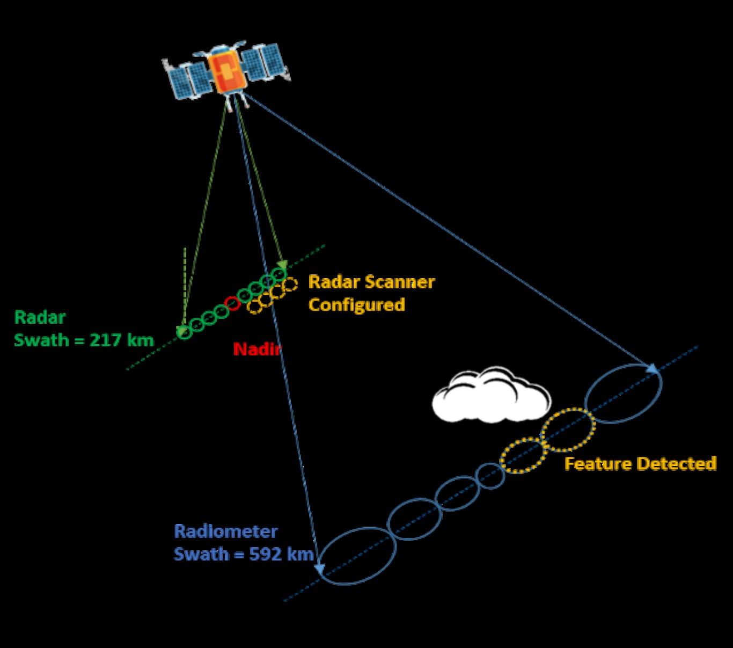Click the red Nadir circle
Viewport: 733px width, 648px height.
click(x=232, y=303)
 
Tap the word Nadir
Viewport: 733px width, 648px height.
click(x=257, y=350)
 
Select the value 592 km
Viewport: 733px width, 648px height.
click(x=281, y=554)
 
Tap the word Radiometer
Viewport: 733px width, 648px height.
click(x=226, y=531)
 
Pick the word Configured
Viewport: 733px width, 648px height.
click(x=356, y=304)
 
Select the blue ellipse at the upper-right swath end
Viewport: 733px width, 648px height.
click(x=624, y=394)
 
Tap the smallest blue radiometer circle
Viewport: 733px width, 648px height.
click(x=490, y=476)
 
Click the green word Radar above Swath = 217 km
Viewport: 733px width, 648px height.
click(x=40, y=317)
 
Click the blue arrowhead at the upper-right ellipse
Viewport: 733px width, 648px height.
click(x=653, y=368)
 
